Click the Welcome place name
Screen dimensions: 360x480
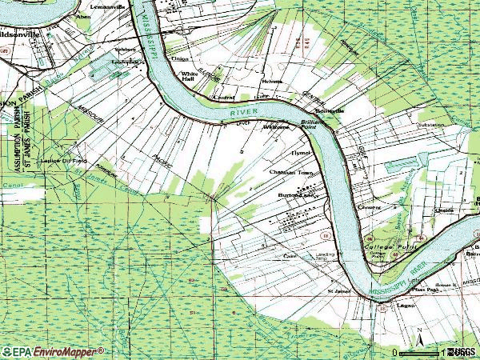point(276,126)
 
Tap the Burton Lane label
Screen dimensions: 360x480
point(292,194)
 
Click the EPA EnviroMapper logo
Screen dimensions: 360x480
point(53,351)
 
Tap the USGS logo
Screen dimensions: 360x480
point(462,352)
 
